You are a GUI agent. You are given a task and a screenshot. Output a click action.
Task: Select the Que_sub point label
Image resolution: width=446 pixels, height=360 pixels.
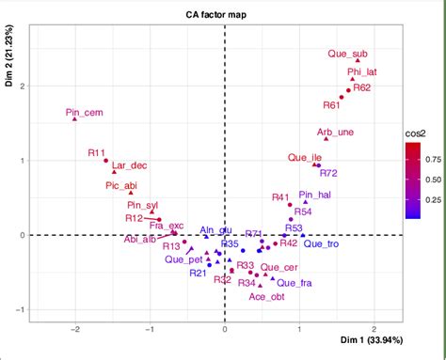click(x=346, y=53)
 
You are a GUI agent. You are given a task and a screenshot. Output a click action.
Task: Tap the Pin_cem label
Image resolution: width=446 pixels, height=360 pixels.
click(x=85, y=114)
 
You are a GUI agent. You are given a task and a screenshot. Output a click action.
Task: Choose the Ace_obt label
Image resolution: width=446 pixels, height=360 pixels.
click(x=266, y=297)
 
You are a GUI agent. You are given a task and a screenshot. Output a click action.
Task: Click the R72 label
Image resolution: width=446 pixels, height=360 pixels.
click(x=327, y=172)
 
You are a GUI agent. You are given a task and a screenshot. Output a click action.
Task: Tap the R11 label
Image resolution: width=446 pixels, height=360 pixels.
click(x=97, y=151)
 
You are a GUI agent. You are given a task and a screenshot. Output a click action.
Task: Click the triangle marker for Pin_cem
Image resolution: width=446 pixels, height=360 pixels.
click(x=74, y=120)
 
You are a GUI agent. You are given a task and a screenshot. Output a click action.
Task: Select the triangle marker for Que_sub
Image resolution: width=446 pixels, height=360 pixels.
click(x=358, y=60)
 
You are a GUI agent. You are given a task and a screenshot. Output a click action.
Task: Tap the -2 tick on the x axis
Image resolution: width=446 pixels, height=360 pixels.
click(x=74, y=329)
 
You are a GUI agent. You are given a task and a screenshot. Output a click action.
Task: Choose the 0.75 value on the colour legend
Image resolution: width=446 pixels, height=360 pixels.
click(x=425, y=159)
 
